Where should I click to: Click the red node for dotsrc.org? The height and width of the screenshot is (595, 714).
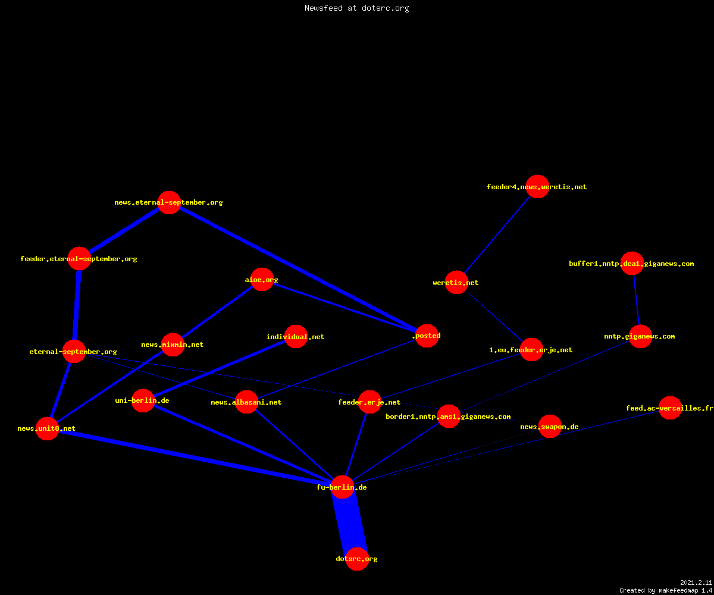click(357, 559)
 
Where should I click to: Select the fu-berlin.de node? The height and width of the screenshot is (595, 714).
click(342, 487)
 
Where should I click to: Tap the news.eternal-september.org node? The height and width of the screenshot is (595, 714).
click(169, 202)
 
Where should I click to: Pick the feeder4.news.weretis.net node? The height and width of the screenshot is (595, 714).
click(537, 186)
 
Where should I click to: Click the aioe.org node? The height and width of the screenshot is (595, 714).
click(262, 280)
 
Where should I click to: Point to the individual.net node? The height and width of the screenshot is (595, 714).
click(296, 337)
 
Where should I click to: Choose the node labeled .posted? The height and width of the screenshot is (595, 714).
click(427, 336)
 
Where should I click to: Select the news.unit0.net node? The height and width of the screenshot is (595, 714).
click(47, 428)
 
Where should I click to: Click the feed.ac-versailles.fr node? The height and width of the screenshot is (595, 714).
click(670, 408)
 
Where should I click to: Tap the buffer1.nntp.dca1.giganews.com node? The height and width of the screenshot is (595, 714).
click(632, 264)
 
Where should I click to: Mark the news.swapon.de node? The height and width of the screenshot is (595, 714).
click(550, 427)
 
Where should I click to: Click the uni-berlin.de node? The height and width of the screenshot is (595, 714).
click(143, 400)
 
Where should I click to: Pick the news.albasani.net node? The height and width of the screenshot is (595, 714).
click(246, 402)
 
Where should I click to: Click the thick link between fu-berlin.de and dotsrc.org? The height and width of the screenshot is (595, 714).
click(349, 523)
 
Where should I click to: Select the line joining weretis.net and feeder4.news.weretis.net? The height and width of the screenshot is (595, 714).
click(497, 234)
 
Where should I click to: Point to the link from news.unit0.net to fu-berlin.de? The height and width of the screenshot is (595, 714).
click(195, 458)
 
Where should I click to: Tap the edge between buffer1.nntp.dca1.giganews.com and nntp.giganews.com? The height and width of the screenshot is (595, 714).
click(637, 300)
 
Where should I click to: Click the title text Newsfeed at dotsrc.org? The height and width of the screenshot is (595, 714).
click(356, 8)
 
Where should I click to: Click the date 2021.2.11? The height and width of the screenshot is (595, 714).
click(696, 583)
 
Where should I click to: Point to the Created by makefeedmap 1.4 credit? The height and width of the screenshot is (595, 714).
click(666, 590)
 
